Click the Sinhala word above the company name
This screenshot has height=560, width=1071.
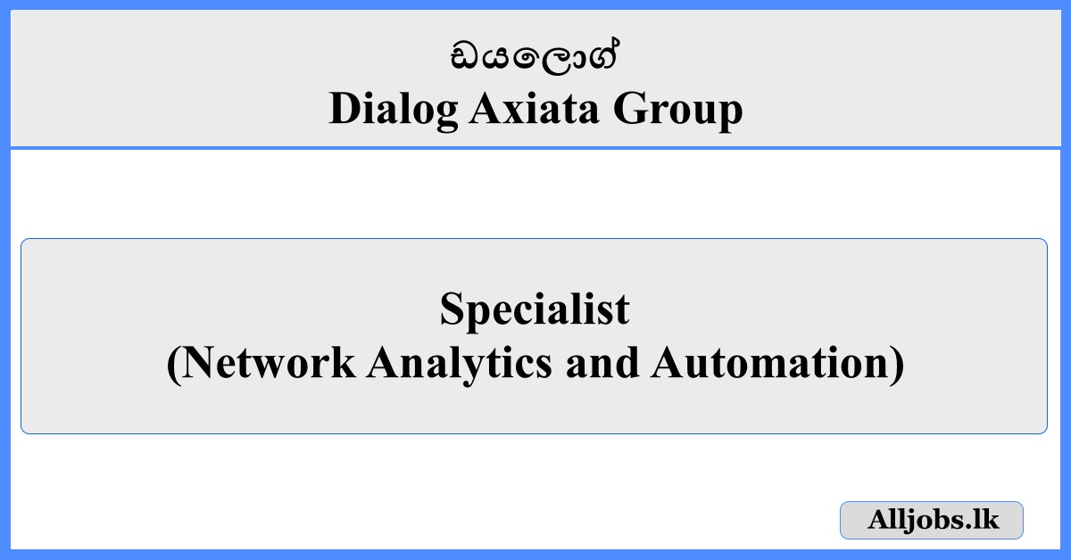[x=535, y=57]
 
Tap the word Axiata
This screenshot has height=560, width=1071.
[x=534, y=109]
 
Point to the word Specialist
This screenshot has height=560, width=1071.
[x=535, y=310]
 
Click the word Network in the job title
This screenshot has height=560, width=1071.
[x=269, y=363]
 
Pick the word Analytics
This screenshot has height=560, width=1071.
[x=460, y=365]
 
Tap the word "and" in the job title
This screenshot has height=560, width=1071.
[x=602, y=363]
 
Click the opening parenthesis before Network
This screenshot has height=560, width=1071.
[x=174, y=365]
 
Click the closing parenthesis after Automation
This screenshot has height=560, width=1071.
[x=897, y=365]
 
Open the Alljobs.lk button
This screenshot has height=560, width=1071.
[x=932, y=521]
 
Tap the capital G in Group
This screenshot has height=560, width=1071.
[x=631, y=109]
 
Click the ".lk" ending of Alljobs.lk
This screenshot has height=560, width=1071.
[x=981, y=520]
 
